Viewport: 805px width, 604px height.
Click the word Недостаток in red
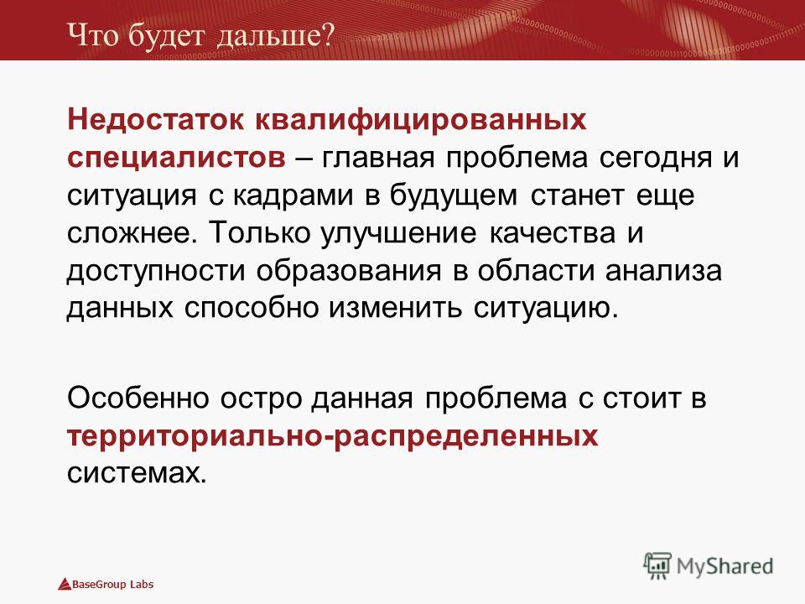[156, 121]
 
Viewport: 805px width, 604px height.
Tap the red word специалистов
[176, 159]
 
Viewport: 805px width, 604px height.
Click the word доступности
[156, 272]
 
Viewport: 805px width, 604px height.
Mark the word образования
[349, 272]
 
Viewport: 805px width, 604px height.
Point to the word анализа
[663, 272]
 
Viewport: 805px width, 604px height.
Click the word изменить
[395, 310]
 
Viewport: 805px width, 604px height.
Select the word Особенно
[138, 398]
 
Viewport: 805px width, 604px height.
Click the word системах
[137, 473]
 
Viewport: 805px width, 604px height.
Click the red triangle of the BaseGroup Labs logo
[65, 585]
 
